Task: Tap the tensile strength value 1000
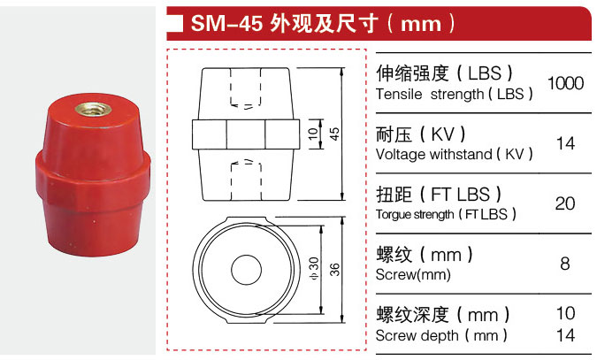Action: (x=565, y=83)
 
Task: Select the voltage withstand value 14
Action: (x=565, y=143)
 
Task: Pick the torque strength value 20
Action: (x=565, y=203)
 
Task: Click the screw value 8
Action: (x=565, y=264)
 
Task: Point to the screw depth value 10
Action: (x=565, y=313)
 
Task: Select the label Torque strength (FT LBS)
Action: (x=446, y=214)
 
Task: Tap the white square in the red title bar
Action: (x=176, y=23)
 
